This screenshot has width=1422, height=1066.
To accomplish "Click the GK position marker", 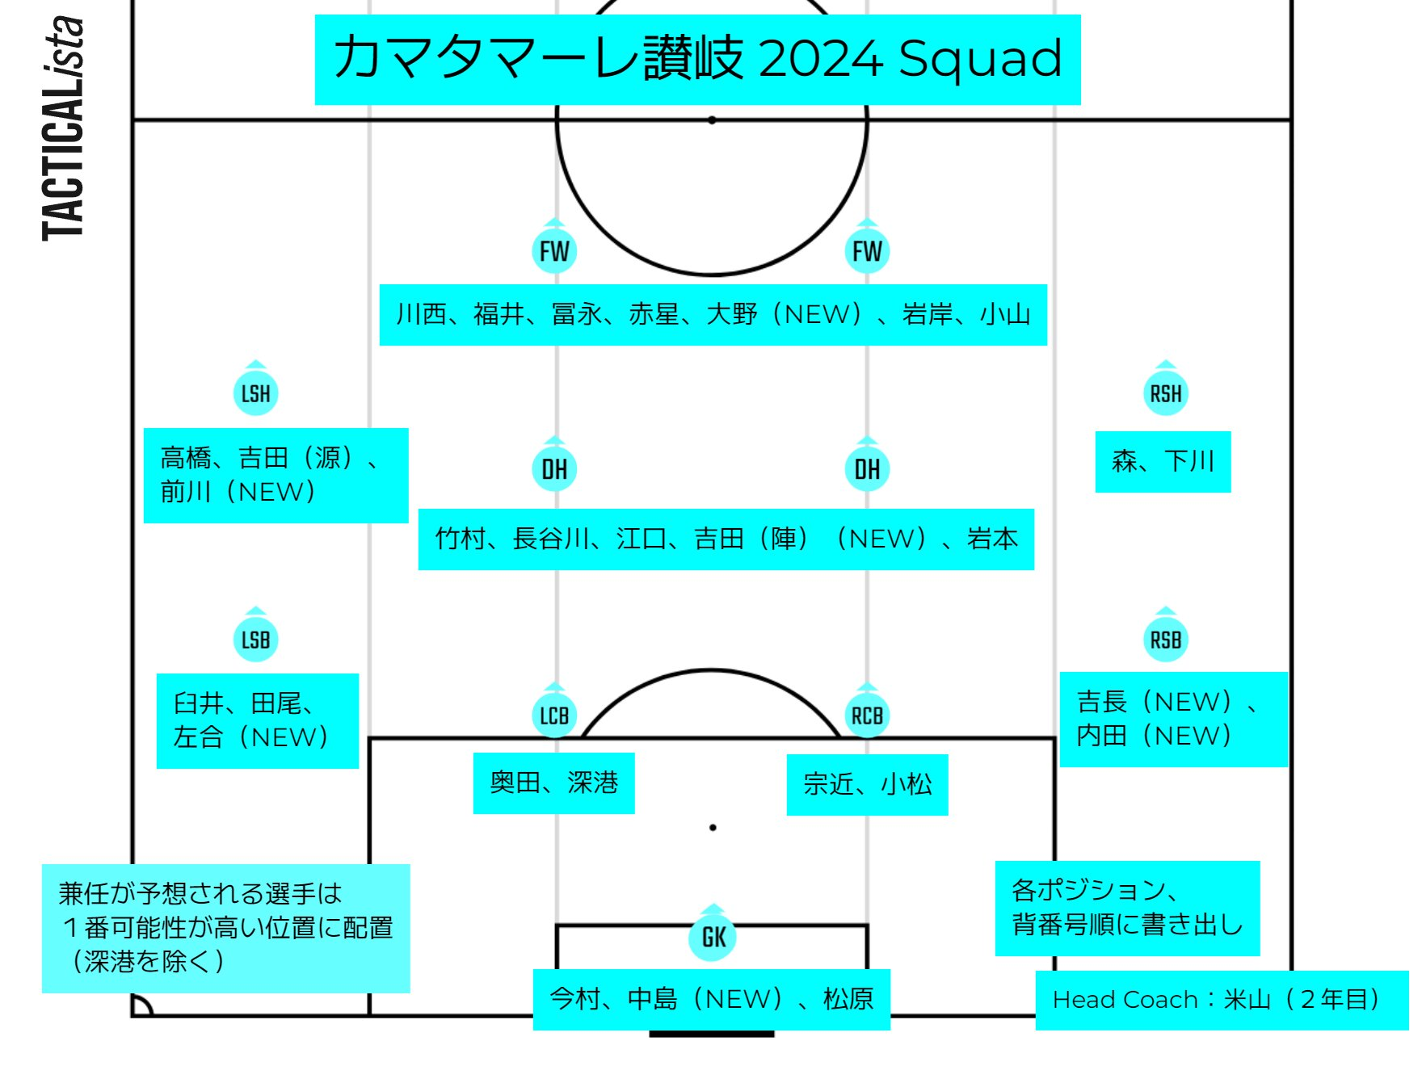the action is point(713,938).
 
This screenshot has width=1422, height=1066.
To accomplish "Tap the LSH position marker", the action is point(255,393).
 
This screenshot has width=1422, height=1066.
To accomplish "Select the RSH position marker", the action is point(1165,393).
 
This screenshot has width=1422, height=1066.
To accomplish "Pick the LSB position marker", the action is point(255,640).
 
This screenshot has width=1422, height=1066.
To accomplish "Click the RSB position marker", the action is point(1165,640).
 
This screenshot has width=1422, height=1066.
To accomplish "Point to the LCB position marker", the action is point(554,716).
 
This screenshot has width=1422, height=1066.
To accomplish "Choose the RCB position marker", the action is point(867,716).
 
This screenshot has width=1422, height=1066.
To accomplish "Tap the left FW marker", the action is point(554,251).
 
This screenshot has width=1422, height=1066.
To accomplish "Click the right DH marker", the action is point(867,468).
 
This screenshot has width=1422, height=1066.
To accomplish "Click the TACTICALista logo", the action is point(63,129).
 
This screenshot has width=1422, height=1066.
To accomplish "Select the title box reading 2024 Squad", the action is point(697,59).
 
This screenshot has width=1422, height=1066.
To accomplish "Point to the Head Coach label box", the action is point(1221,1000).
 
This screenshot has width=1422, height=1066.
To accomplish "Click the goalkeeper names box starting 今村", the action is point(711,999).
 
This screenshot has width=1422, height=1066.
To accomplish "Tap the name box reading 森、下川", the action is point(1163,461).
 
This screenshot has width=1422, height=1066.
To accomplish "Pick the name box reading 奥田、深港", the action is point(553,783).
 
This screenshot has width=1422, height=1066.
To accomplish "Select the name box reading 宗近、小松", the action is point(867,784).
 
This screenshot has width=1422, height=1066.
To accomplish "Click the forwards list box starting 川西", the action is point(713,314).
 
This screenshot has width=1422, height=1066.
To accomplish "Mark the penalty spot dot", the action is point(713,828).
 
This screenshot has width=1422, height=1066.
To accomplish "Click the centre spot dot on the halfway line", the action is point(712,120).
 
